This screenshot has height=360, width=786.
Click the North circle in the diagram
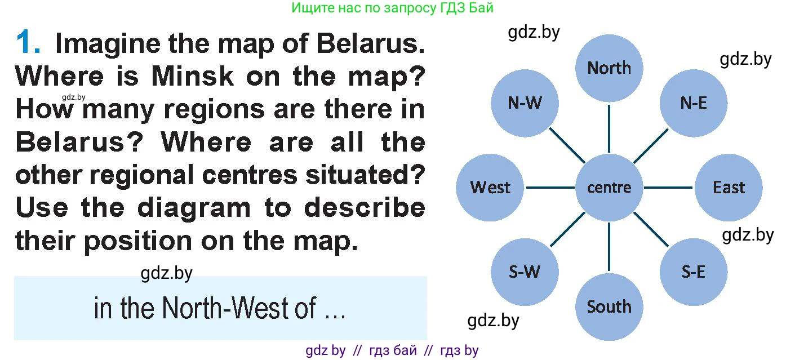pos(609,68)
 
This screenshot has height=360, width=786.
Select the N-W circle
pos(525,103)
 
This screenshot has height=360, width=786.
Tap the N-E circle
pos(694,103)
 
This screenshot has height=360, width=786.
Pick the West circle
pos(490,188)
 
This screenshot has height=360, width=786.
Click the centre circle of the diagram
pos(609,188)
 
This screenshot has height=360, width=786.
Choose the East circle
pos(729,188)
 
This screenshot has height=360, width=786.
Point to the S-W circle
pos(525,272)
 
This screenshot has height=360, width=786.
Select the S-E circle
pos(694,272)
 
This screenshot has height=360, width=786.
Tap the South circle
pos(609,307)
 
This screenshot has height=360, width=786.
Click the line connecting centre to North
pos(609,129)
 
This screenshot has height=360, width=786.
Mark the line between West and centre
pos(550,188)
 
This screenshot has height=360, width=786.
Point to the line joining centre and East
pos(668,188)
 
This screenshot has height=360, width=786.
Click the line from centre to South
pos(609,247)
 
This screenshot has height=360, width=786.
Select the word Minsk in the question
pos(192,77)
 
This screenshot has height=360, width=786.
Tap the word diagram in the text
pos(194,208)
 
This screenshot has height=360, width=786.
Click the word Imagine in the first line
pos(108,44)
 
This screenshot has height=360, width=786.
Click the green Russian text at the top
pos(392,8)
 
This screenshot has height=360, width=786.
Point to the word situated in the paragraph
pos(365,175)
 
